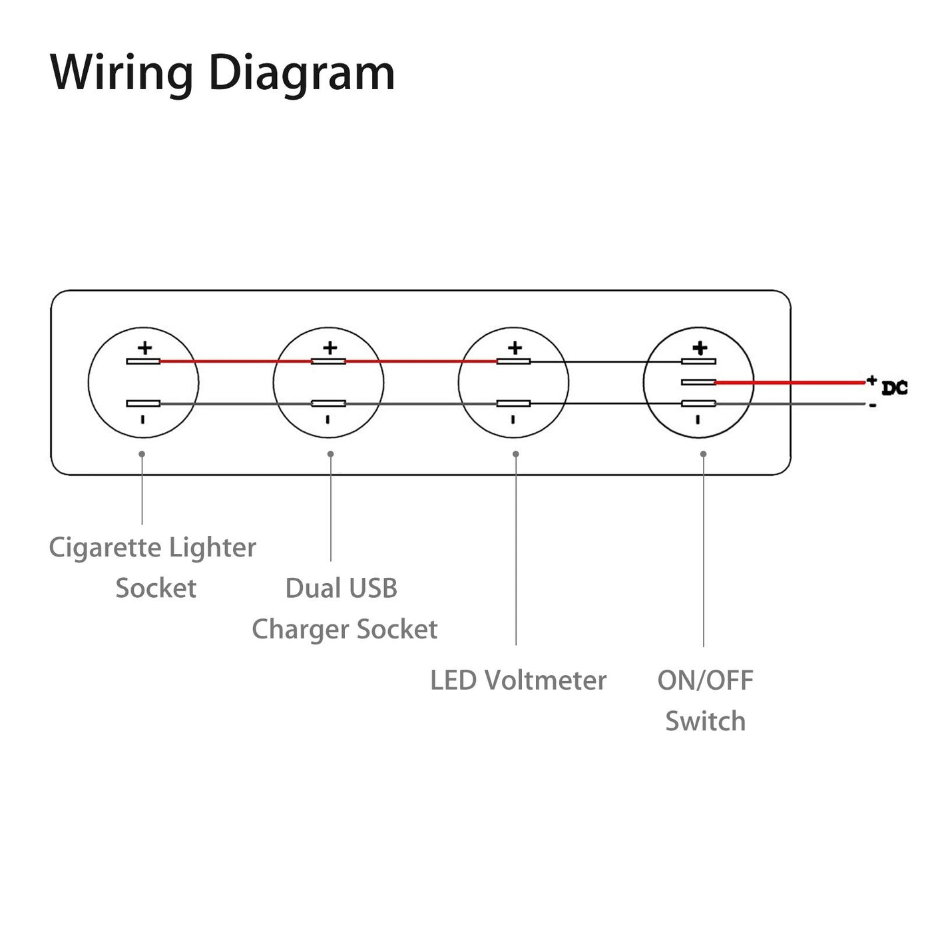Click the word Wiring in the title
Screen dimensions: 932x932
[122, 73]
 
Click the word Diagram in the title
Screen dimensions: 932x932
[302, 73]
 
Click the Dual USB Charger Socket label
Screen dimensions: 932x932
[344, 608]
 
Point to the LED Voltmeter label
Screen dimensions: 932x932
[518, 680]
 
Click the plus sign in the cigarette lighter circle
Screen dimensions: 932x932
[144, 348]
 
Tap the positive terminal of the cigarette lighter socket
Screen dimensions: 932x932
[143, 361]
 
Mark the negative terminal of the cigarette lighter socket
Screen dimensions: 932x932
[143, 403]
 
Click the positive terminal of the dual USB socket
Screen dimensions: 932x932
[328, 361]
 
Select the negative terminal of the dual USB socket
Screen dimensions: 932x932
[328, 403]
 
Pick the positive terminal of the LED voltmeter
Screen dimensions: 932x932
[513, 361]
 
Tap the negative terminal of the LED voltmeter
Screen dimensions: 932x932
[513, 403]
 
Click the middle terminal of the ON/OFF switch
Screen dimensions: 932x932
[698, 382]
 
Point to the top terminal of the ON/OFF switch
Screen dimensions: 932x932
[698, 361]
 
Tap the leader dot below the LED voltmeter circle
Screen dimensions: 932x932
[516, 454]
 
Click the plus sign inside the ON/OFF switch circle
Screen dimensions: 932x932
[700, 348]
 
